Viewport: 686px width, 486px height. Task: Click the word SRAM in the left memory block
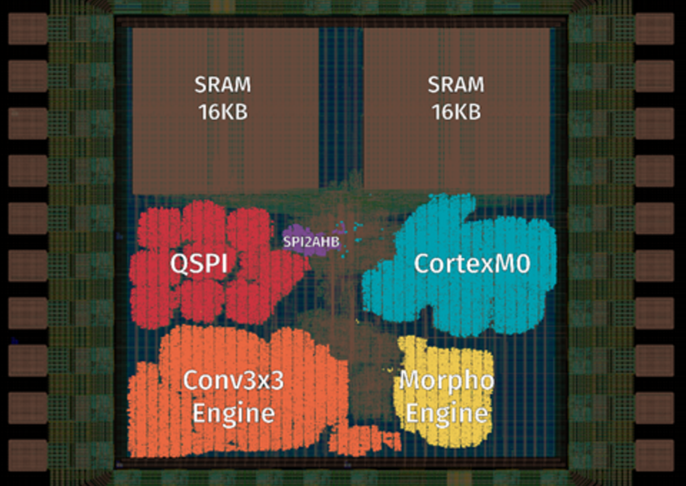click(x=223, y=85)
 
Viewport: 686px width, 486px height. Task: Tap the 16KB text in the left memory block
click(x=223, y=112)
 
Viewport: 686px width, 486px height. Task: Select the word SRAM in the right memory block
click(x=456, y=85)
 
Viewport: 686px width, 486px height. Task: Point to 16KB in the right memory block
click(x=456, y=112)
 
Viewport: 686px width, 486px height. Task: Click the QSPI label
click(x=199, y=264)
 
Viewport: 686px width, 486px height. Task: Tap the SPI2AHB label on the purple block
click(x=311, y=242)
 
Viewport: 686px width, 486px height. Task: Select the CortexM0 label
click(x=472, y=264)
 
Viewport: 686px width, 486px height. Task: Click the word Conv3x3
click(x=233, y=380)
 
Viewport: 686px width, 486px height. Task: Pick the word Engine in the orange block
click(x=234, y=413)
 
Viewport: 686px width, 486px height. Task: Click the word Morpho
click(x=447, y=381)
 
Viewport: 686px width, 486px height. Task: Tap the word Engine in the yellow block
click(x=447, y=413)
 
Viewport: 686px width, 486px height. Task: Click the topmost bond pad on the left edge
click(x=28, y=29)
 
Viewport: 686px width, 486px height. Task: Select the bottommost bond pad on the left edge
click(x=28, y=455)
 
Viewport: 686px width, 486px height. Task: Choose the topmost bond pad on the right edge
click(x=655, y=29)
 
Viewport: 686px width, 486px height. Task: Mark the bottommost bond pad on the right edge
click(x=655, y=455)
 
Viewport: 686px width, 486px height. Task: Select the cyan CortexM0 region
click(x=459, y=265)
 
